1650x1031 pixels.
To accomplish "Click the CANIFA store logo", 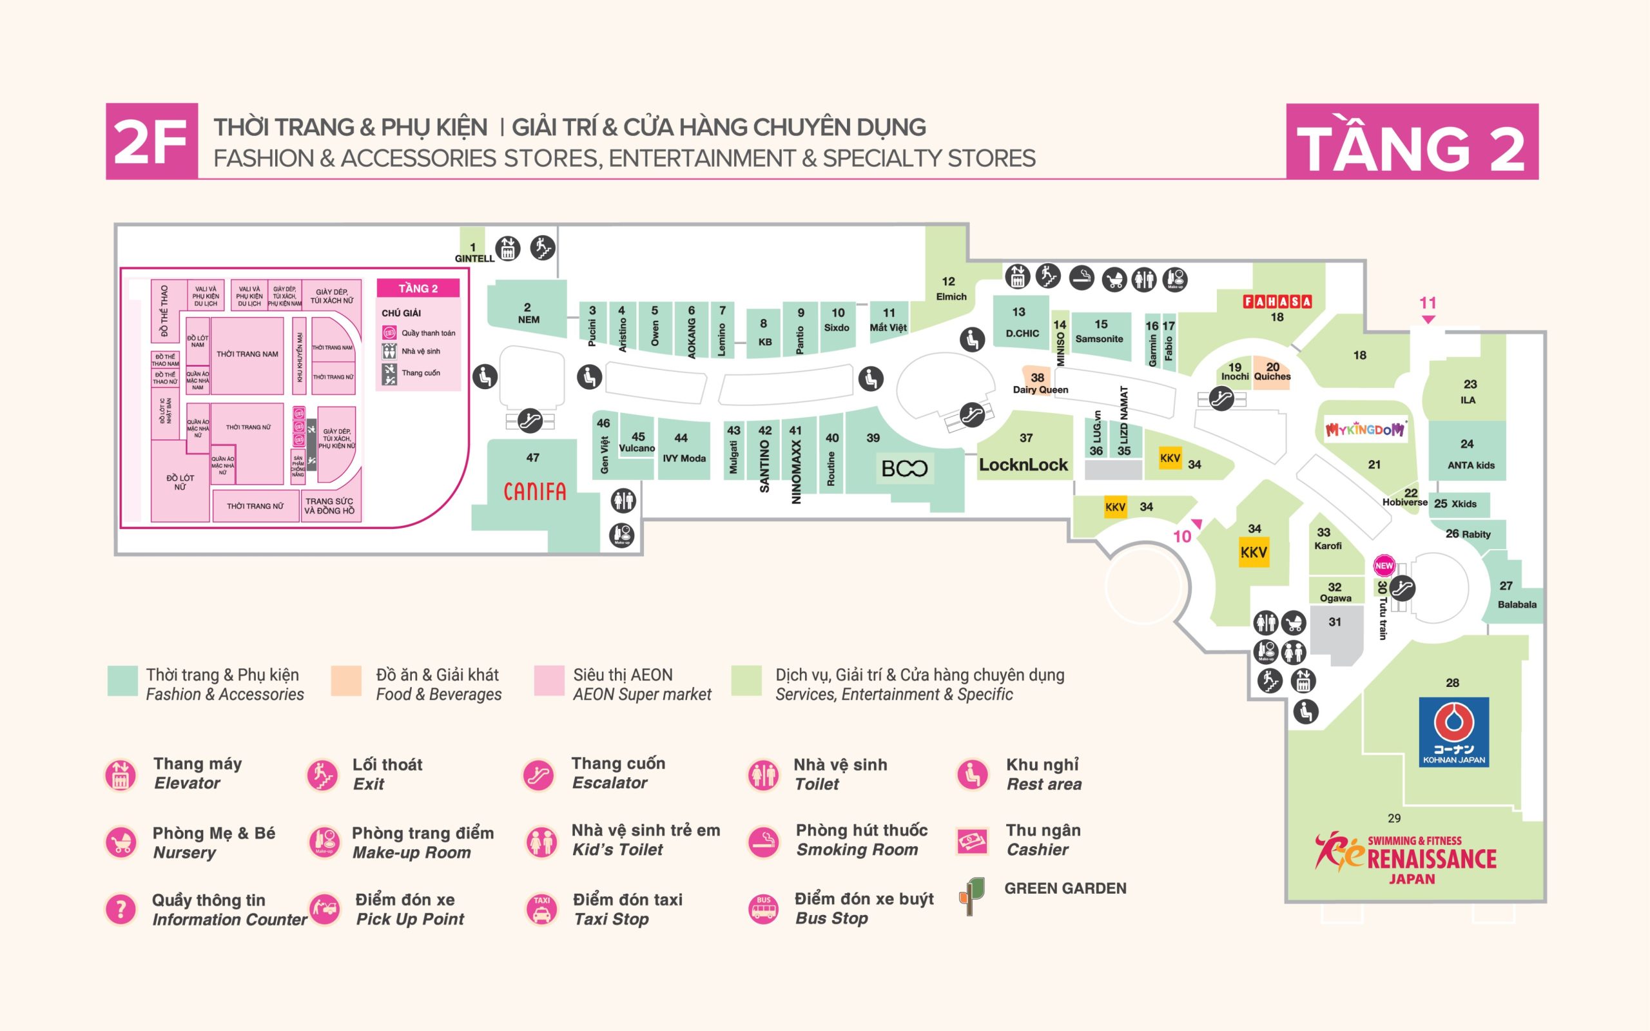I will (534, 491).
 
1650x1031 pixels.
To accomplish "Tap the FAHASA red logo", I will (1277, 302).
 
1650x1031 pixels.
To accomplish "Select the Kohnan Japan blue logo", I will (1453, 731).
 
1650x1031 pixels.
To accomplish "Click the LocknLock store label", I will (1024, 465).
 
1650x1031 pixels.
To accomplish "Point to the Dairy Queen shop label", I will (1040, 389).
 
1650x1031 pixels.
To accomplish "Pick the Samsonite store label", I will (1099, 338).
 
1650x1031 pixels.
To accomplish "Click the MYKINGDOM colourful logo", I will (1365, 430).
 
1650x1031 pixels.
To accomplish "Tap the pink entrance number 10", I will (1182, 536).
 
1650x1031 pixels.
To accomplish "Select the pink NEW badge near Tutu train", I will (1384, 565).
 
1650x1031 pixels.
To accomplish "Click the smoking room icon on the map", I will (1082, 278).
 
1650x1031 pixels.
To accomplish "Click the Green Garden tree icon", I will (972, 894).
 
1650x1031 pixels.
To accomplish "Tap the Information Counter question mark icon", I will (121, 909).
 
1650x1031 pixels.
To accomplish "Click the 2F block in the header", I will (151, 141).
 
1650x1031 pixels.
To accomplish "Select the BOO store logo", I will (904, 468).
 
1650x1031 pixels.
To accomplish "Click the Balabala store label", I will (1517, 604).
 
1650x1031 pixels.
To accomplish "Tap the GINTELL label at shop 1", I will (474, 258).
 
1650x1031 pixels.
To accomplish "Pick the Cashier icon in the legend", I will (972, 841).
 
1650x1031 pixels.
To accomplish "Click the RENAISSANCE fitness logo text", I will (1431, 859).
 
